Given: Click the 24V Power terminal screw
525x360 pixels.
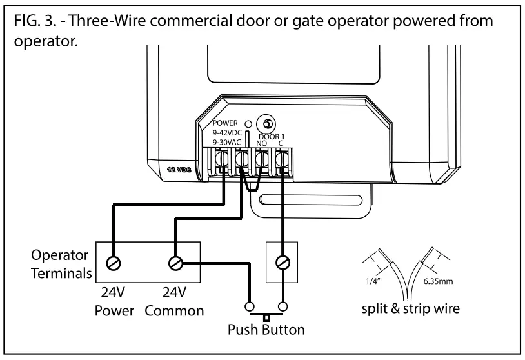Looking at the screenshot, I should coord(113,263).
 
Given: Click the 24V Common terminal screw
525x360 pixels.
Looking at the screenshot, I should coord(175,263).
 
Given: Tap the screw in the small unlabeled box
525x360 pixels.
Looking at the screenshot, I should coord(282,263).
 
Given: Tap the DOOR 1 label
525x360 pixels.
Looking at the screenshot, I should coord(270,136).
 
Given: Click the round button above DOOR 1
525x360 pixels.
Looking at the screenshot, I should coord(264,123).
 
